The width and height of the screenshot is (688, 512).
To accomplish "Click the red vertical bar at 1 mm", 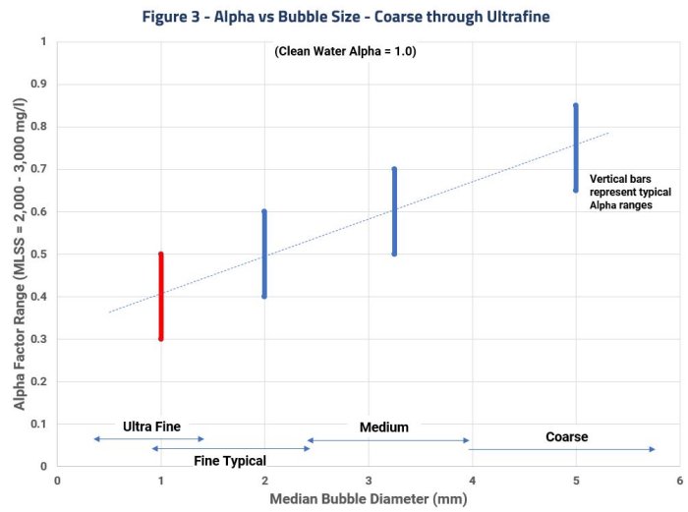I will pyautogui.click(x=160, y=296).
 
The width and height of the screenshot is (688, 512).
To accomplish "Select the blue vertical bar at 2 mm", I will pyautogui.click(x=264, y=254).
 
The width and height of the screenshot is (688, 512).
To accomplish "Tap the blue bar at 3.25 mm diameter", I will pyautogui.click(x=394, y=211).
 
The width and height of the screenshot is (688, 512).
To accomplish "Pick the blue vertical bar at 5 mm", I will pyautogui.click(x=576, y=147).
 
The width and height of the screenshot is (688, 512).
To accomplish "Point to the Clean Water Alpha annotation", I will pyautogui.click(x=345, y=51).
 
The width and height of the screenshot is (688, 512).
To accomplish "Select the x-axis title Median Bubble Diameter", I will pyautogui.click(x=369, y=498).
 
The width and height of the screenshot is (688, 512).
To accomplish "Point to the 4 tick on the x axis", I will pyautogui.click(x=472, y=480).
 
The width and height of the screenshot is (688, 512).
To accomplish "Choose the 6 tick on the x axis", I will pyautogui.click(x=679, y=480).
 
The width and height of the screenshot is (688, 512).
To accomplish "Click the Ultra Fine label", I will pyautogui.click(x=152, y=427).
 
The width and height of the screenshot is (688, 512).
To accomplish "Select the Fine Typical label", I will pyautogui.click(x=230, y=460).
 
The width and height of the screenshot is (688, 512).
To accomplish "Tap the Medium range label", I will pyautogui.click(x=384, y=427).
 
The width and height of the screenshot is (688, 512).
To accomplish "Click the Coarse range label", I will pyautogui.click(x=566, y=436).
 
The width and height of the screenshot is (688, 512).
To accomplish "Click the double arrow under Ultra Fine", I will pyautogui.click(x=148, y=438).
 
